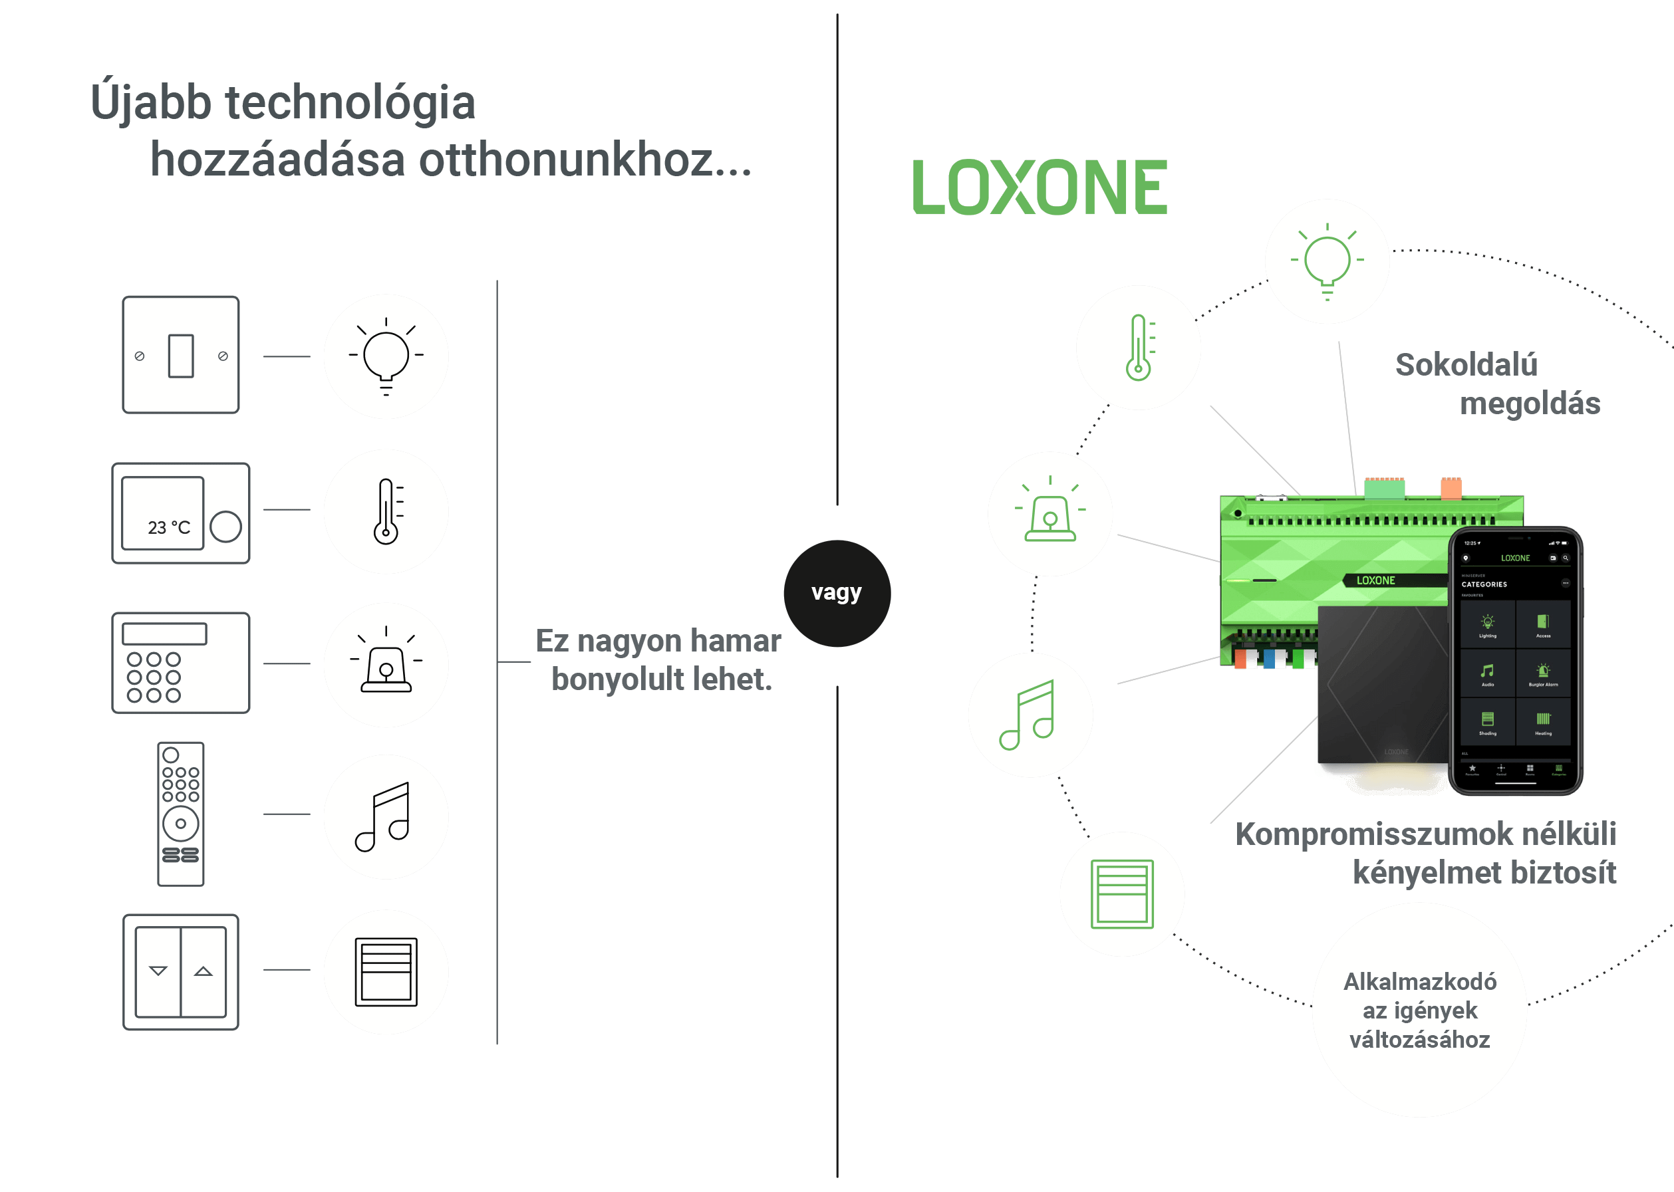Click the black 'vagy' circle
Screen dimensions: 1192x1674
(x=836, y=593)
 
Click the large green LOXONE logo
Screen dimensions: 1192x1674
(x=1039, y=187)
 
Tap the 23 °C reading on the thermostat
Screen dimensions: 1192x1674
(x=168, y=527)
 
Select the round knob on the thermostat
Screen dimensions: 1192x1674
(x=225, y=527)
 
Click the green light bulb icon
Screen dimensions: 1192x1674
(x=1327, y=261)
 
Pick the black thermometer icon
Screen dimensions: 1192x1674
(x=386, y=512)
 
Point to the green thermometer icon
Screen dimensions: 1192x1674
(x=1138, y=347)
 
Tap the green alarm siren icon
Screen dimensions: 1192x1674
(x=1050, y=514)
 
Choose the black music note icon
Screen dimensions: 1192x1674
(x=383, y=816)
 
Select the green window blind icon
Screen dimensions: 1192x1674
(x=1121, y=894)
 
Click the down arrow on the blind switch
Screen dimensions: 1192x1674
(x=158, y=971)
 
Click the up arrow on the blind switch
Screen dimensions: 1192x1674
(x=204, y=971)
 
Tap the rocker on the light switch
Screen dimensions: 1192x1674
(x=181, y=356)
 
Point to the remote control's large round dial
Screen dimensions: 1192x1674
(x=181, y=823)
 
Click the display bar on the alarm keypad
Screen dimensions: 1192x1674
(x=164, y=634)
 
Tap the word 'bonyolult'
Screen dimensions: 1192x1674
(x=616, y=679)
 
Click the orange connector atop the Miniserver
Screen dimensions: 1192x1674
(x=1450, y=487)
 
